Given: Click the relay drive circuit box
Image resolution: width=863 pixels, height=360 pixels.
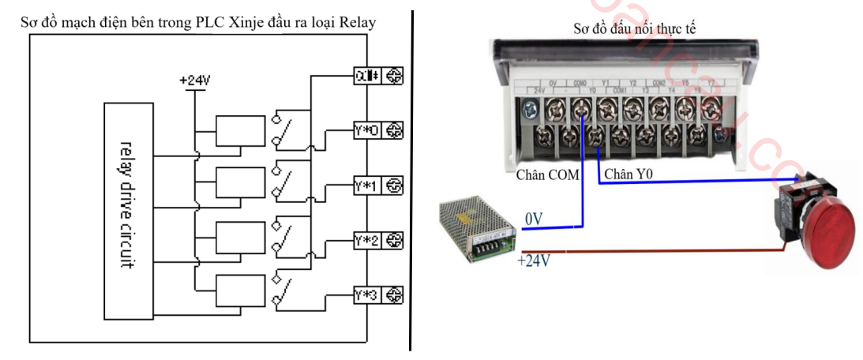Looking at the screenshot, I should pyautogui.click(x=129, y=211).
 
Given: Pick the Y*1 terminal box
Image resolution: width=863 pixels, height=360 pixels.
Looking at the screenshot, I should pyautogui.click(x=367, y=186).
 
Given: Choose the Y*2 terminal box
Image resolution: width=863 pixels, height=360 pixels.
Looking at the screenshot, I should pyautogui.click(x=367, y=240).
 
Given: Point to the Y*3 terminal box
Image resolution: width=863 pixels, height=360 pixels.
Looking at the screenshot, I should pyautogui.click(x=367, y=294).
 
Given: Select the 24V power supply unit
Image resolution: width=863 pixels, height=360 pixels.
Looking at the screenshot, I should pyautogui.click(x=478, y=230).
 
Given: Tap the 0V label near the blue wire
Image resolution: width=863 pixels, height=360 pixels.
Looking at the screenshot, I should pyautogui.click(x=535, y=217).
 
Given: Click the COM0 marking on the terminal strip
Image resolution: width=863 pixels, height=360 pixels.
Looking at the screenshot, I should pyautogui.click(x=580, y=83).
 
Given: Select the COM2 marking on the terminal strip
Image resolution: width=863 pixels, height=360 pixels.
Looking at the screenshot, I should pyautogui.click(x=659, y=83).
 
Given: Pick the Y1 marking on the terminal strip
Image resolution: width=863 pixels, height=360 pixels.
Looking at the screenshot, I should pyautogui.click(x=606, y=83).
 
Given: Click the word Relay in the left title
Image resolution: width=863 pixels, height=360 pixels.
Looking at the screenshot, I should pyautogui.click(x=358, y=24).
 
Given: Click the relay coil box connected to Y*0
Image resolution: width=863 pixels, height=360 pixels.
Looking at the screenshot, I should pyautogui.click(x=239, y=131).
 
